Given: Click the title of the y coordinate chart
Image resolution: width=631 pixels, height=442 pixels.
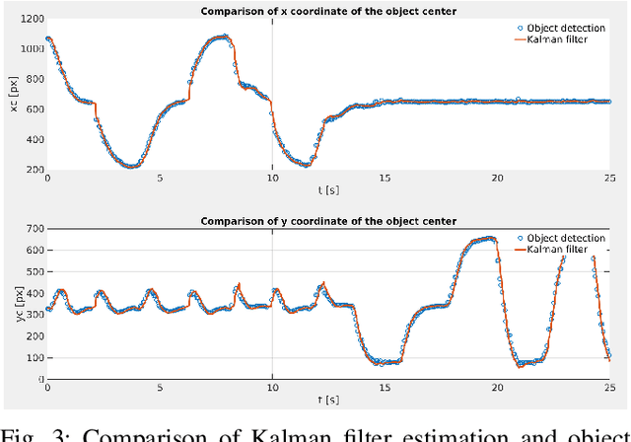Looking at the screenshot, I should (328, 220).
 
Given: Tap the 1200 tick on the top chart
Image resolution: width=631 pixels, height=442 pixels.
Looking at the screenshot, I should (30, 19).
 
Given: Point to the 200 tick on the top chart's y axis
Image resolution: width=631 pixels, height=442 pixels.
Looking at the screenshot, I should (33, 169).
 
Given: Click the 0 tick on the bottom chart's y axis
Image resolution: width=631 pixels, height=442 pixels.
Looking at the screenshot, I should (39, 379).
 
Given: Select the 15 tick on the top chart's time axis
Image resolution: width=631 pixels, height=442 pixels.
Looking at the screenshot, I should (386, 178).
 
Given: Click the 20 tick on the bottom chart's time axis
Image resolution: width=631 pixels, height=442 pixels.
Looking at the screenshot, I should (498, 388).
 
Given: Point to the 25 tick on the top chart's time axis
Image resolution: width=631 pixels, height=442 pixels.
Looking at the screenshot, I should (610, 178).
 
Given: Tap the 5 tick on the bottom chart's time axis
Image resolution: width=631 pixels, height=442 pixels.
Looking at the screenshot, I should (160, 388).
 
